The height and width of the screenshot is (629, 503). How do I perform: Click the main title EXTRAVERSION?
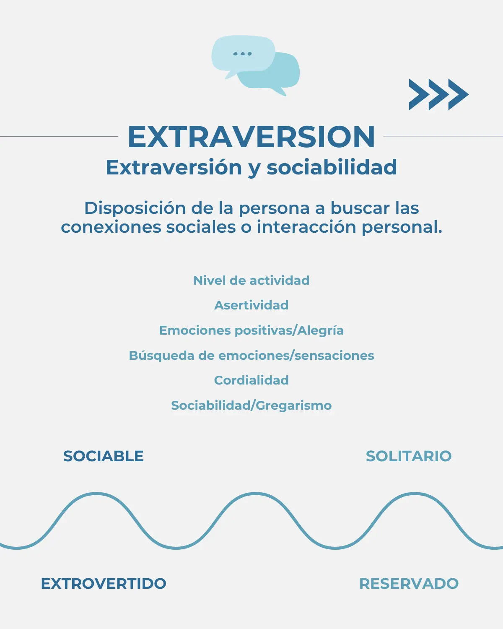point(251,137)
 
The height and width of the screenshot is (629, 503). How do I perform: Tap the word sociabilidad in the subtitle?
point(332,167)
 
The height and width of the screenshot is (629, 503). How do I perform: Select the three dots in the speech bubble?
point(242,54)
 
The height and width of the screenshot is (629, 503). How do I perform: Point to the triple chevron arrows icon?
point(438,94)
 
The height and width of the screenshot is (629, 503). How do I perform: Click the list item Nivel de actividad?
point(251,280)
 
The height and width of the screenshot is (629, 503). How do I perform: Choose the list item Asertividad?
point(251,305)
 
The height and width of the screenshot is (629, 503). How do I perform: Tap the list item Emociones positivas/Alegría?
point(251,330)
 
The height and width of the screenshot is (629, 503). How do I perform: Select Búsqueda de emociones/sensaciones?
point(251,356)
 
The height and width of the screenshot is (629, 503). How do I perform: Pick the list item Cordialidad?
point(251,380)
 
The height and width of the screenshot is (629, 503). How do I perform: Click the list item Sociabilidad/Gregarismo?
point(251,405)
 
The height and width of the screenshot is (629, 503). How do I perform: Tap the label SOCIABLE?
point(103,456)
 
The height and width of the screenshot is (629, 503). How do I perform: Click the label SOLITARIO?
point(408,456)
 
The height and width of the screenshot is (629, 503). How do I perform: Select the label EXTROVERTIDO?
point(103,584)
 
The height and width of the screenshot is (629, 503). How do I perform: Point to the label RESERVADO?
point(409,584)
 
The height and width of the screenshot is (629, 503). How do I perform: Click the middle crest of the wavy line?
point(256,494)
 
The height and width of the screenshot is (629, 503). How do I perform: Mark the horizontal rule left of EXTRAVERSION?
point(59,136)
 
